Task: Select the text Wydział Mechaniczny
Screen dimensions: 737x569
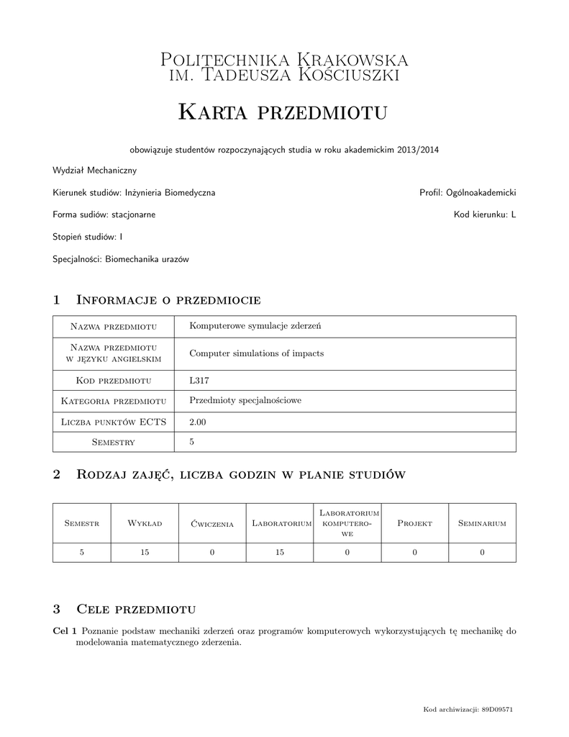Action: [94, 171]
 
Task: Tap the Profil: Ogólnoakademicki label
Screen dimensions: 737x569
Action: [468, 193]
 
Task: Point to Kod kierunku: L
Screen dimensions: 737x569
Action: [485, 214]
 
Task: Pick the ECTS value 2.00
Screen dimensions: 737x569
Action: [197, 422]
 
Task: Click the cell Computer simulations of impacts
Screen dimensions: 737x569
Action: [256, 353]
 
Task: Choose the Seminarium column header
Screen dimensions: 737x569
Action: [482, 523]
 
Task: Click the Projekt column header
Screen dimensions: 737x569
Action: [414, 523]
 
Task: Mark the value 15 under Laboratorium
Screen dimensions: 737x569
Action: [279, 552]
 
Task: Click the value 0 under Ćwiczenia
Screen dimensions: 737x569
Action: [212, 552]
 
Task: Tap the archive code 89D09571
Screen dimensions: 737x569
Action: [497, 710]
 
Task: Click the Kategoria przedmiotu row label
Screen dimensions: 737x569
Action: [114, 401]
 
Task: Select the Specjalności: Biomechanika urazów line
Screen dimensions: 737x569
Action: [121, 258]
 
